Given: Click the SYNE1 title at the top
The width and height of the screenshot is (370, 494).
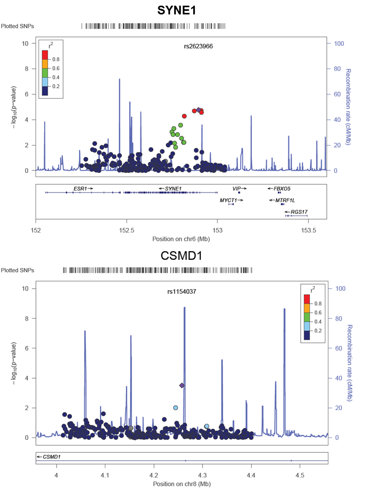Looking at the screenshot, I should pos(184,10).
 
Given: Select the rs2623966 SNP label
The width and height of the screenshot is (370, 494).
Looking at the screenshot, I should pos(198,46).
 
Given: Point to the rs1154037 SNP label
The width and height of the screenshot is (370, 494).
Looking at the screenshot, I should pos(181,291).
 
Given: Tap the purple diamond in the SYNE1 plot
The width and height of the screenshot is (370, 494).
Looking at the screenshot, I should pos(198,110).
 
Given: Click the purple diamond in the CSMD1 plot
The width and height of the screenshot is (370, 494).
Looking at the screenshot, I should pos(181,385).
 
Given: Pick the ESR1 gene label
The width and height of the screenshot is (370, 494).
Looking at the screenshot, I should pos(81,189).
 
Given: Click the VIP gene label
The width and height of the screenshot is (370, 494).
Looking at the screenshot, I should pos(237,189).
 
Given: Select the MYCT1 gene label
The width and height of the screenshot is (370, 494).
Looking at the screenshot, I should pos(229,200).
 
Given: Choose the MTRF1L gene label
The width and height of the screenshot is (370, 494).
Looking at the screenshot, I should pos(285,200).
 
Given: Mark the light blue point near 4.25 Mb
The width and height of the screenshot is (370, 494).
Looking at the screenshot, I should pos(176,408).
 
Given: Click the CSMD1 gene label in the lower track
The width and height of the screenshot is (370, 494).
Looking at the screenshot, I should pos(49,456).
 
